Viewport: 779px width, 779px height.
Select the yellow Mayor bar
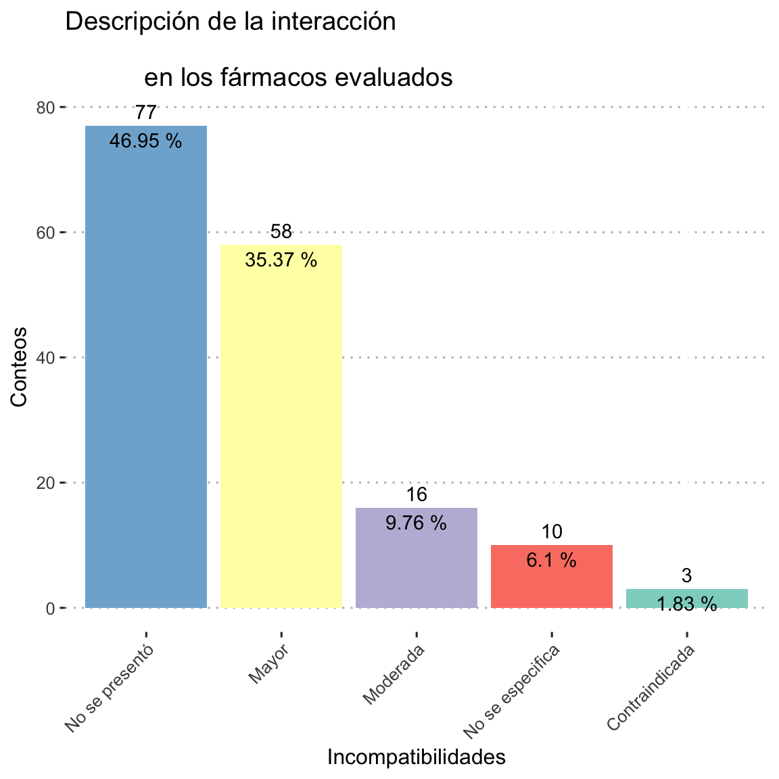(281, 426)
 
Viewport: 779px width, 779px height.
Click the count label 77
(146, 112)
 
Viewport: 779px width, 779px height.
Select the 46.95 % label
(146, 141)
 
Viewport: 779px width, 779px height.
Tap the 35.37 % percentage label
(281, 260)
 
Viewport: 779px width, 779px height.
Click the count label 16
(417, 494)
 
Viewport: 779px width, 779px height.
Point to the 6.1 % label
(552, 560)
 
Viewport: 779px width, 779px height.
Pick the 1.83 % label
(687, 604)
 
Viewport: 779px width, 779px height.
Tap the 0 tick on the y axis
(51, 608)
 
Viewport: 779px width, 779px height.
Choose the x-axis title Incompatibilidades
(417, 757)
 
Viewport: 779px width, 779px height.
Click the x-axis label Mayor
(269, 664)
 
